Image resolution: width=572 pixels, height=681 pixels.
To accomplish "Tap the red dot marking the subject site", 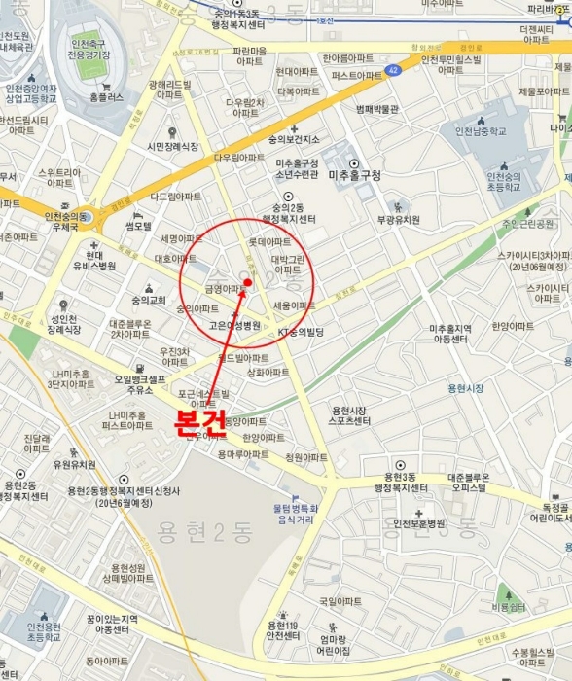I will pos(248,283).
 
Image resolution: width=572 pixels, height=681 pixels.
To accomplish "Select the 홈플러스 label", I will pos(106,97).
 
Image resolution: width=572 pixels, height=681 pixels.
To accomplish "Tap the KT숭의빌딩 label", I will pos(301,333).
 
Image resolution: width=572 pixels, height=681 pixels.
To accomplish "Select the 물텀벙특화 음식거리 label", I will pos(288,514).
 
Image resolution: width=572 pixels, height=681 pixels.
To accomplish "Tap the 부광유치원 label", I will pos(398,220).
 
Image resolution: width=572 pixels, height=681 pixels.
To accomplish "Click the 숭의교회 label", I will pos(150,301).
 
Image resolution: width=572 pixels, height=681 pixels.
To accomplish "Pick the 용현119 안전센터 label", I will pos(282,630).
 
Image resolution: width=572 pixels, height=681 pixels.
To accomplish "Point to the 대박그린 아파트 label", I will pos(287,264).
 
